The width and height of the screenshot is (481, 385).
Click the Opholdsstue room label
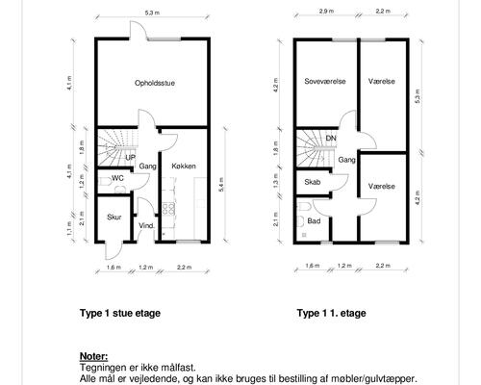coord(154,84)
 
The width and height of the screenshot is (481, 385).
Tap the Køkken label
coord(184,167)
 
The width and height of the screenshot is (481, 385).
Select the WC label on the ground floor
coord(117,178)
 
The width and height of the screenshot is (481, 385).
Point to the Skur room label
coord(114,217)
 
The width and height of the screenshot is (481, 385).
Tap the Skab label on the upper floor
coord(313,182)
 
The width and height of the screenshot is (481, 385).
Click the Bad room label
coord(314,220)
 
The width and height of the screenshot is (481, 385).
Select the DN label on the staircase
coord(331,139)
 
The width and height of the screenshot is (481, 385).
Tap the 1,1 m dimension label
coord(69,230)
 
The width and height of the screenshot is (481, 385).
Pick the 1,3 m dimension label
coord(276,181)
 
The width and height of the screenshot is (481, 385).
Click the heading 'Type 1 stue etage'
coord(120,312)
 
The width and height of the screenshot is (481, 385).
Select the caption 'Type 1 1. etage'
coord(331,312)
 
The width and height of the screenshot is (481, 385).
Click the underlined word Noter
coord(94,356)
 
